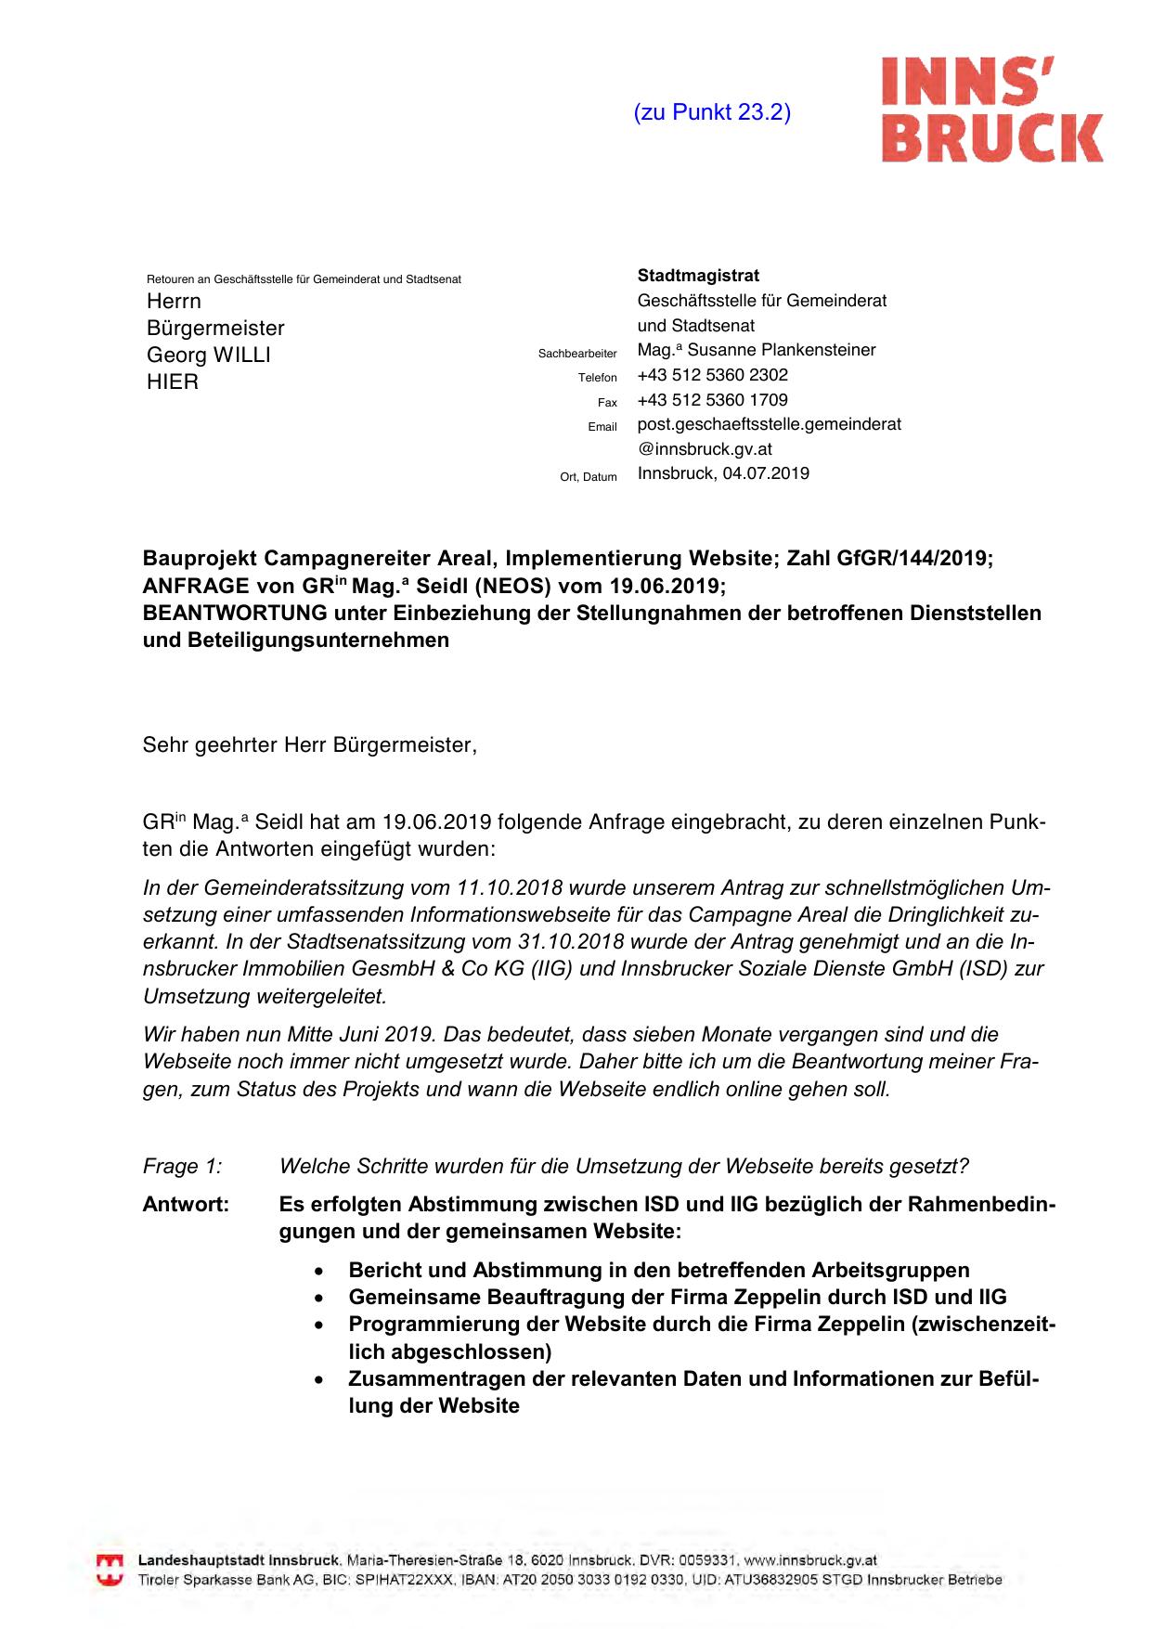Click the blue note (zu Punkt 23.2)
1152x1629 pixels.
[712, 112]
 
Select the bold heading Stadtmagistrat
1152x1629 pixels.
[698, 276]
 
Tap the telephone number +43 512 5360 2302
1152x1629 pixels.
[712, 375]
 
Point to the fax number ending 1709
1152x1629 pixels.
[712, 400]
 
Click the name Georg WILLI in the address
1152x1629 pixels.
[209, 355]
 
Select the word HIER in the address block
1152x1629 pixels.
[173, 381]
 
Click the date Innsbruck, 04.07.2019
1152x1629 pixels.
[723, 473]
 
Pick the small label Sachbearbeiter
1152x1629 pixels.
[577, 354]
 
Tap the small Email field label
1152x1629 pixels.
[602, 427]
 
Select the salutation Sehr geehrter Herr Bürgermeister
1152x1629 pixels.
[309, 745]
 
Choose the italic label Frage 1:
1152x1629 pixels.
[183, 1166]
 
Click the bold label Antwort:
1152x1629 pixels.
[186, 1205]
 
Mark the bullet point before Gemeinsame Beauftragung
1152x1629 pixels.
[319, 1298]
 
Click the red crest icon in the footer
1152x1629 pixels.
[110, 1570]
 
